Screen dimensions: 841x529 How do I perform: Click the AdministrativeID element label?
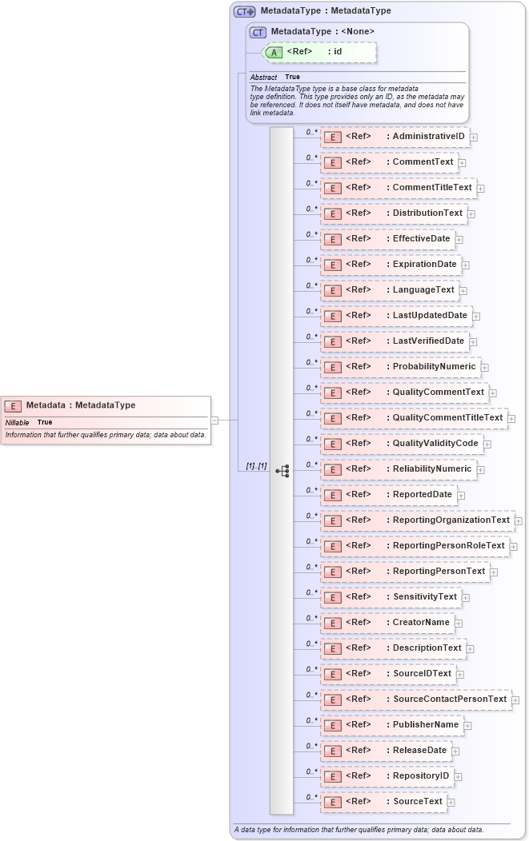click(428, 137)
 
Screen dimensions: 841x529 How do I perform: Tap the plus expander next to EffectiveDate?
click(459, 239)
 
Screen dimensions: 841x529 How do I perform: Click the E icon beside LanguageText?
click(332, 290)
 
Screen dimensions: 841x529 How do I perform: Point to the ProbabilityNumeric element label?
click(434, 367)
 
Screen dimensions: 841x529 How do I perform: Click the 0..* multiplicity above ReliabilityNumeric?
click(312, 464)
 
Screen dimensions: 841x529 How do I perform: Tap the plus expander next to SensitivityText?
click(466, 597)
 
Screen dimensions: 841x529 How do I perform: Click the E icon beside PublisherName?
click(332, 725)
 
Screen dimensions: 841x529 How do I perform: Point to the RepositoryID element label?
click(422, 776)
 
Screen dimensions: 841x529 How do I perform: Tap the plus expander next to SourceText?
click(451, 802)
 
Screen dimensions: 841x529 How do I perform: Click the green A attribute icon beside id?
click(274, 52)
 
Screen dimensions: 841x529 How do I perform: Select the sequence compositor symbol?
click(282, 471)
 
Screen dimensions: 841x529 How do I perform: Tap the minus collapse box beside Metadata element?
click(214, 420)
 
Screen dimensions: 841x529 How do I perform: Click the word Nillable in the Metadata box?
click(18, 422)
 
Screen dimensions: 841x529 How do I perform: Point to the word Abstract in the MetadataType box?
click(263, 77)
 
